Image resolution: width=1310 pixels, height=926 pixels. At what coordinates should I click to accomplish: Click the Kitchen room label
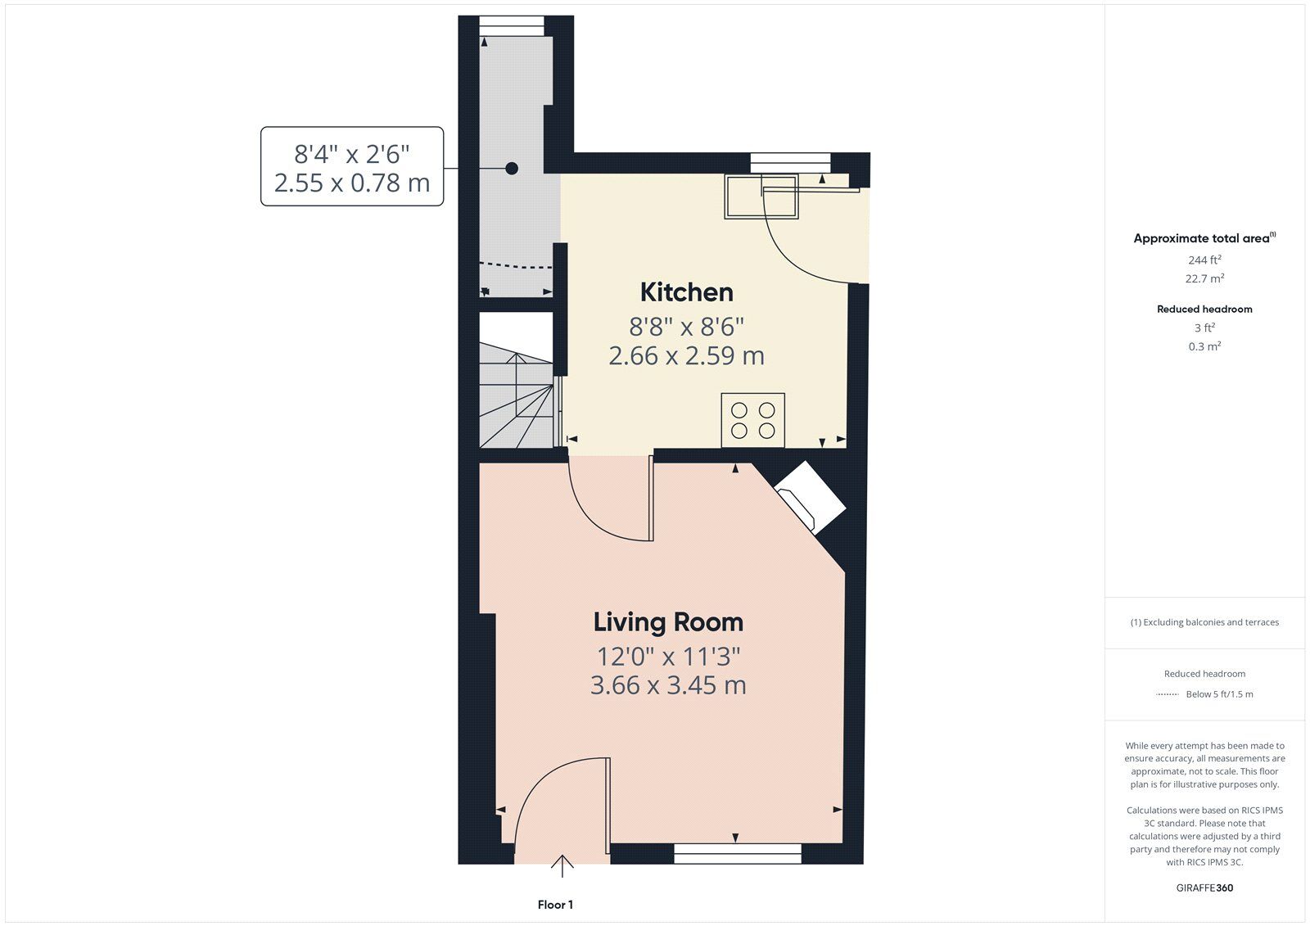(x=687, y=292)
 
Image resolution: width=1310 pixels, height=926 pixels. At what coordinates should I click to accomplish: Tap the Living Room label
(x=668, y=622)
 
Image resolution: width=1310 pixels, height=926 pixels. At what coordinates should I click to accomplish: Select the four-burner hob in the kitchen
(x=753, y=421)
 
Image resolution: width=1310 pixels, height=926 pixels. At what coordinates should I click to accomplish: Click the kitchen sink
(x=761, y=196)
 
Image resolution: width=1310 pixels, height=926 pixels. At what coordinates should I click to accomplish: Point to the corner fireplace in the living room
(x=810, y=498)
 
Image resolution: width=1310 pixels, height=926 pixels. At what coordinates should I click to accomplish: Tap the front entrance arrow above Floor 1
(x=562, y=865)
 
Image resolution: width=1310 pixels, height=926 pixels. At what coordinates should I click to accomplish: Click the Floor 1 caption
(x=556, y=905)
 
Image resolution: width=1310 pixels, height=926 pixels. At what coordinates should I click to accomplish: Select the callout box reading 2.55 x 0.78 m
(x=352, y=166)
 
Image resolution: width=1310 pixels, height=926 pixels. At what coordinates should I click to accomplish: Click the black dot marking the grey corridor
(x=512, y=169)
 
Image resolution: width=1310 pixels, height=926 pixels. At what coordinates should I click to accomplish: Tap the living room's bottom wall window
(x=738, y=853)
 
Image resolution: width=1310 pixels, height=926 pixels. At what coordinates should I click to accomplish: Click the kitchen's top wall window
(x=791, y=163)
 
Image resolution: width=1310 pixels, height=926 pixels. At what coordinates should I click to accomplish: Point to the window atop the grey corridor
(x=512, y=25)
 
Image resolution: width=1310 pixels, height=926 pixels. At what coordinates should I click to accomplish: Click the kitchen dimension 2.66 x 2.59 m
(x=687, y=355)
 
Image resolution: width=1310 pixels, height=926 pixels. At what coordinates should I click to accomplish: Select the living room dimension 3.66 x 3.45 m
(x=668, y=685)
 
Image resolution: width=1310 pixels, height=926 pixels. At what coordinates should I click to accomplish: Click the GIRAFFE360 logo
(x=1204, y=888)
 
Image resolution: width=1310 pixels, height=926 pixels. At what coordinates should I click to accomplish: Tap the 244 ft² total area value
(x=1204, y=260)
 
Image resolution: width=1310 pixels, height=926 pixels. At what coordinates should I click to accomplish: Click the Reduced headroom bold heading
(x=1204, y=309)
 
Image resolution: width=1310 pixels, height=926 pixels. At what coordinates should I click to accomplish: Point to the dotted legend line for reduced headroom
(x=1168, y=694)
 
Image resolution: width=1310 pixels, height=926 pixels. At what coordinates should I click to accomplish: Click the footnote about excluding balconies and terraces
(x=1204, y=622)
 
